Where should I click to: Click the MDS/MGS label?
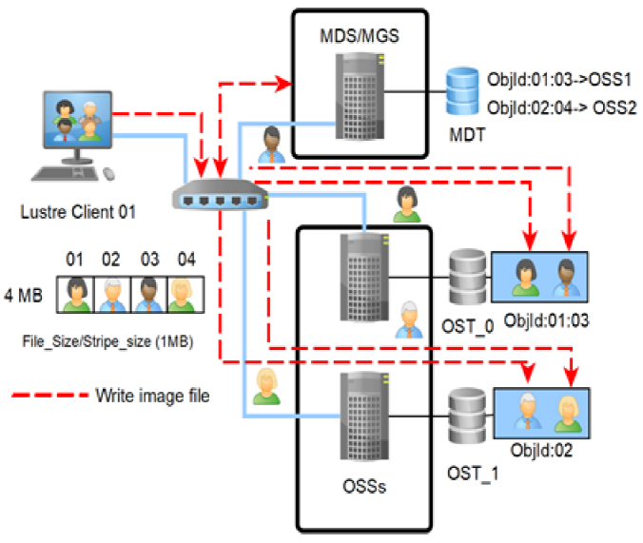[360, 37]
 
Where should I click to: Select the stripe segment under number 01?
[75, 294]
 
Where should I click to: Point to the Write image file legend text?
[152, 394]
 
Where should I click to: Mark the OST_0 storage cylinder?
[467, 276]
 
